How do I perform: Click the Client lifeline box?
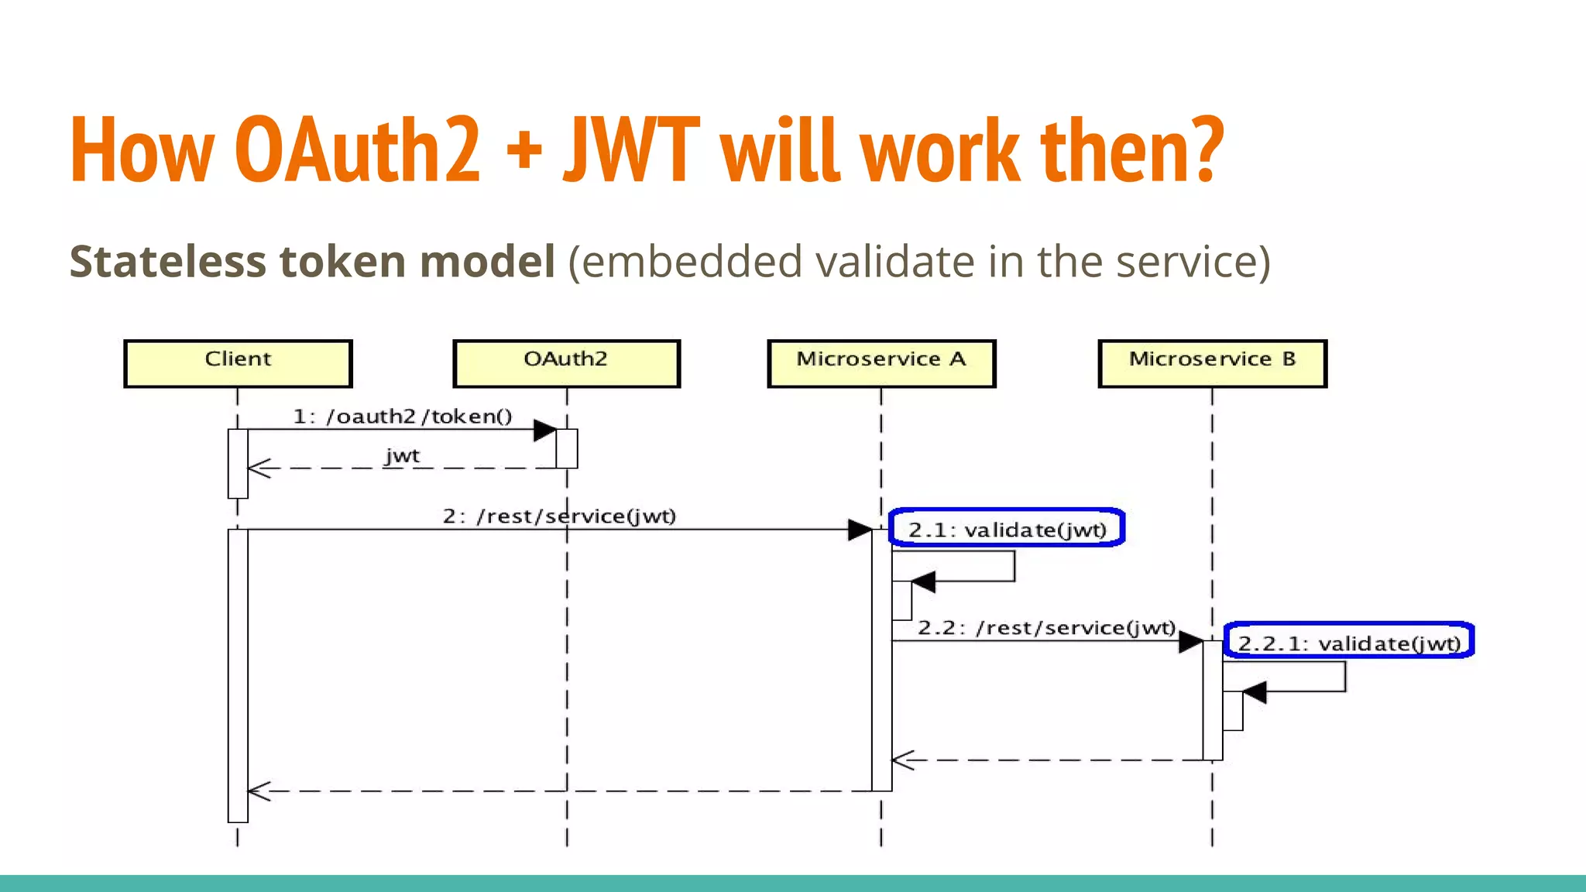(x=238, y=362)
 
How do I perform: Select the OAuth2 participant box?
(x=566, y=362)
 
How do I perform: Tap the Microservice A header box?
(x=881, y=362)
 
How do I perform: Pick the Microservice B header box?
(x=1212, y=362)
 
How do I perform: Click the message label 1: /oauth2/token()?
(x=403, y=417)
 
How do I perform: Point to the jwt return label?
(x=403, y=455)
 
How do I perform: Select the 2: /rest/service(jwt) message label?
(x=559, y=516)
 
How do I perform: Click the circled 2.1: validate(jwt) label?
(x=1007, y=530)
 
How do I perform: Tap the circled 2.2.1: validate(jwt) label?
(x=1349, y=643)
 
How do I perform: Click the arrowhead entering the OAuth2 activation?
(x=545, y=431)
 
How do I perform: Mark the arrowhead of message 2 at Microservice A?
(x=860, y=530)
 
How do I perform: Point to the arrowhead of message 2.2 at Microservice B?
(x=1190, y=642)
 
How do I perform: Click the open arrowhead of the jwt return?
(x=259, y=468)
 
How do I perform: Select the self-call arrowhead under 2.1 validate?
(x=923, y=582)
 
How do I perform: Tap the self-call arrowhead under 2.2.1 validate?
(x=1254, y=692)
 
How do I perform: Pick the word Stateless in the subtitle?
(x=168, y=261)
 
